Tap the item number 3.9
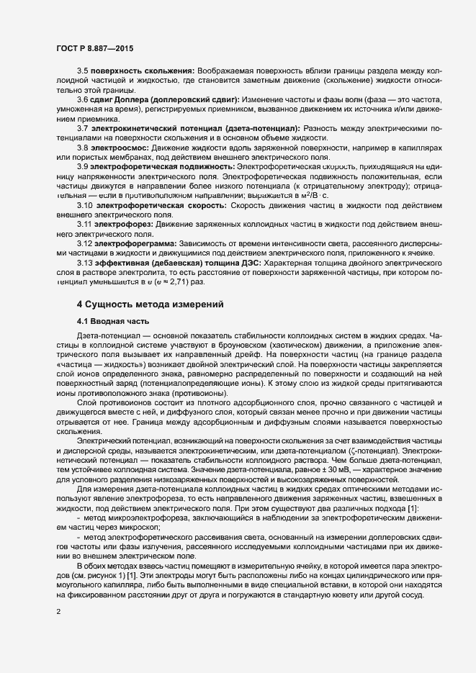(82, 167)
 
